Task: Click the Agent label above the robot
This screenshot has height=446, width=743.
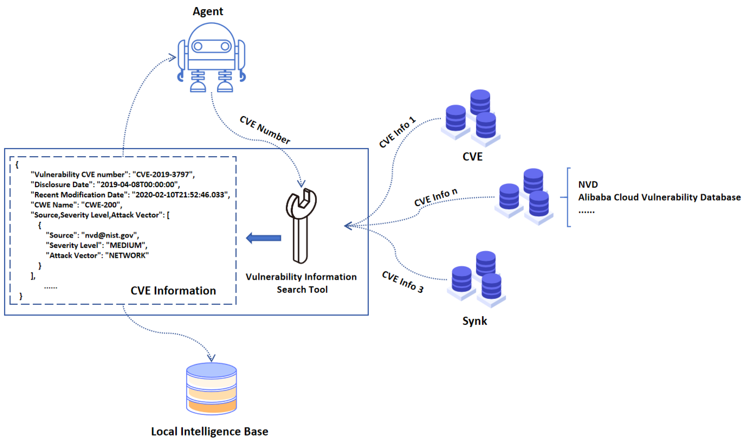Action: (208, 12)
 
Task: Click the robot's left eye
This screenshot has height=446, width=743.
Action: (198, 46)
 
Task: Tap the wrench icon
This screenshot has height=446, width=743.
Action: (301, 225)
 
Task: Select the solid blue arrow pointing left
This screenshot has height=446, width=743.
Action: (263, 238)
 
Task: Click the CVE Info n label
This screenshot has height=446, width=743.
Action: (436, 198)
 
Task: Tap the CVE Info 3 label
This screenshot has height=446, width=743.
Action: (403, 282)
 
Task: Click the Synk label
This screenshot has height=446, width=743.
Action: (475, 321)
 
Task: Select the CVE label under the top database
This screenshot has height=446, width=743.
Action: (472, 157)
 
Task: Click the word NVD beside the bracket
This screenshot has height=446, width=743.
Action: (588, 184)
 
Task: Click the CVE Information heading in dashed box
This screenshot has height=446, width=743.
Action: (173, 291)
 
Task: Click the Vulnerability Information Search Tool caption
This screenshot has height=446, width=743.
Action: (301, 283)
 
